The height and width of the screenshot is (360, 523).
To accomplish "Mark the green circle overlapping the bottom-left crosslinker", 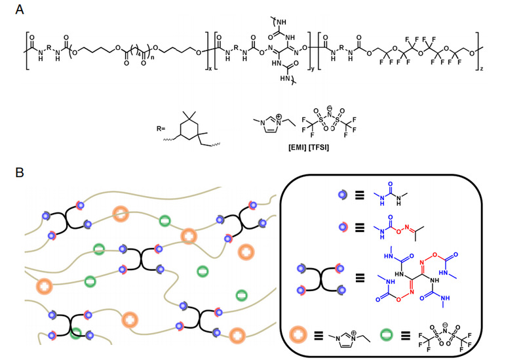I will (77, 333).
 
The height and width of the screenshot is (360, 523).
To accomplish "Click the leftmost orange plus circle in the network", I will (45, 286).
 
